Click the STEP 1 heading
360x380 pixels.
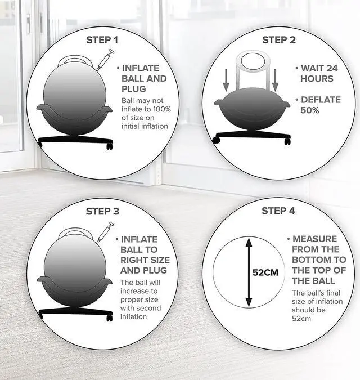(102, 40)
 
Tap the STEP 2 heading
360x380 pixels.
(279, 40)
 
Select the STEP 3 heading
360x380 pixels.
(102, 211)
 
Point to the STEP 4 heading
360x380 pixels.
(278, 211)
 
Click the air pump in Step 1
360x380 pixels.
(105, 60)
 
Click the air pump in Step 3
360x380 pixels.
(105, 232)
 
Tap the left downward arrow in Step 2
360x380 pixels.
(226, 80)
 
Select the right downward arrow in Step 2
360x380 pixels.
(275, 80)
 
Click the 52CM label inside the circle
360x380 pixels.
(265, 272)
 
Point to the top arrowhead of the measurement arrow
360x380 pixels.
(249, 242)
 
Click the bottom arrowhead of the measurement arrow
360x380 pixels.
(249, 302)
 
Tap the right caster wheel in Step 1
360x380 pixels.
(110, 146)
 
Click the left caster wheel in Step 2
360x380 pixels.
(215, 140)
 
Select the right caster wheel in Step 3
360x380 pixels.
(110, 318)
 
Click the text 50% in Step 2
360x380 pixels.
(309, 110)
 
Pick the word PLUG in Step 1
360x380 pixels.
(134, 89)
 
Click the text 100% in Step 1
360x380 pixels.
(161, 109)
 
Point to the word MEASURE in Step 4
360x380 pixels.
(315, 239)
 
